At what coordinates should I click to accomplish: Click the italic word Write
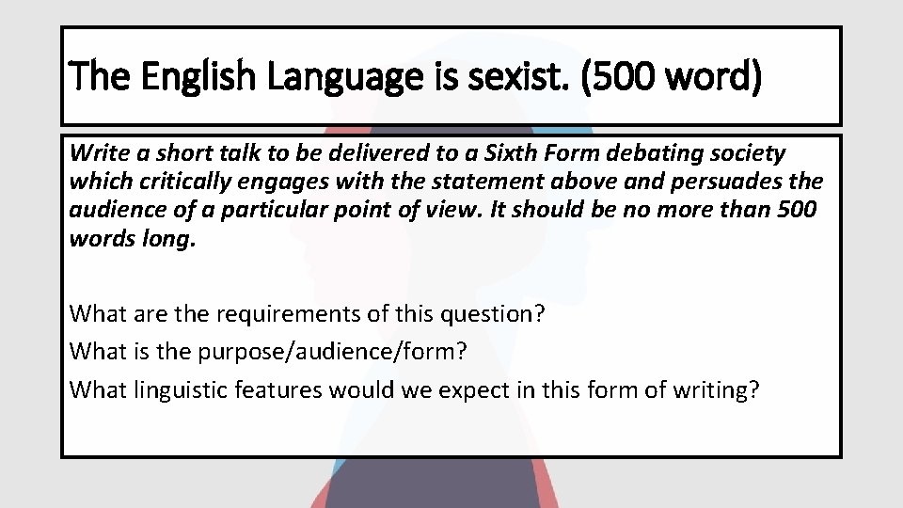(96, 153)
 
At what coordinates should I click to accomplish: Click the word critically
(170, 182)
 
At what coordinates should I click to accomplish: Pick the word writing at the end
(719, 388)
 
